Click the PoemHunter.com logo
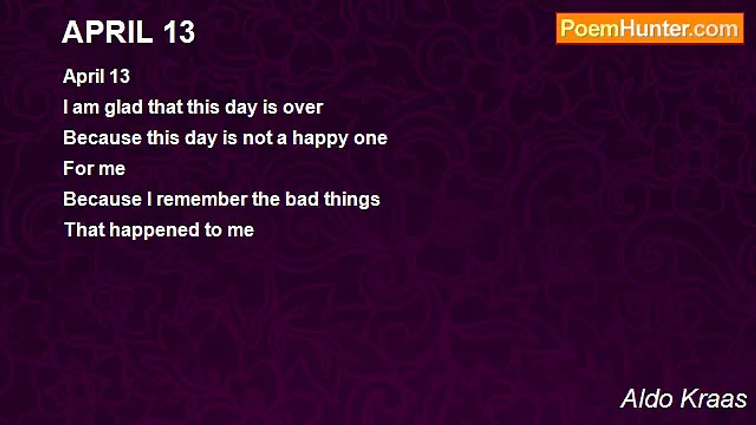tap(650, 29)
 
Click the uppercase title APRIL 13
tap(129, 32)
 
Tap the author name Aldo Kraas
tap(683, 398)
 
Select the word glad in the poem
tap(123, 107)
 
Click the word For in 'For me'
tap(76, 168)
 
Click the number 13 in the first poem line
tap(119, 76)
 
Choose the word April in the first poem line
tap(84, 77)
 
